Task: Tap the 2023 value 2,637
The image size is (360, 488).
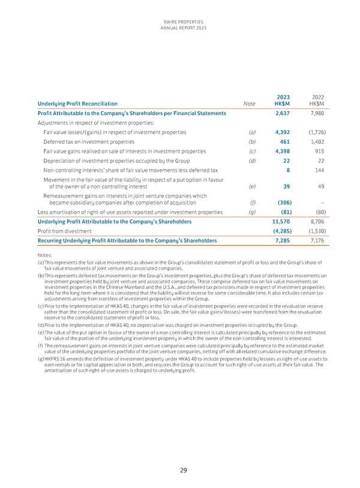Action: pyautogui.click(x=283, y=113)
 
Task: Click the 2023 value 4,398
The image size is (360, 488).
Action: pyautogui.click(x=283, y=151)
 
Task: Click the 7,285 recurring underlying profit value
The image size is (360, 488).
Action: pyautogui.click(x=283, y=240)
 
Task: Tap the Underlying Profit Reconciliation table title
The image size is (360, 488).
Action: pyautogui.click(x=77, y=104)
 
